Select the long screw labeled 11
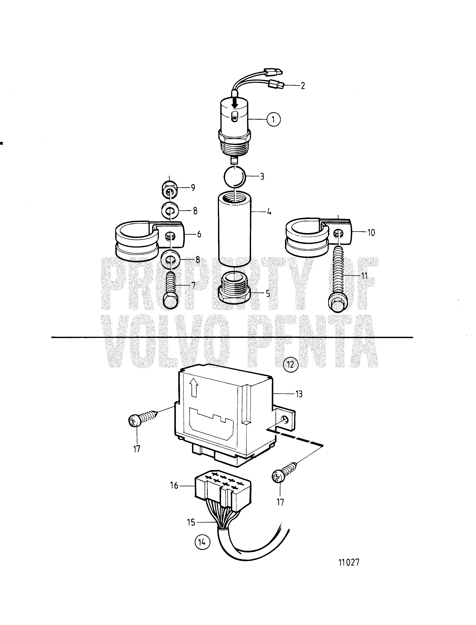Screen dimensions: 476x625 (x=338, y=280)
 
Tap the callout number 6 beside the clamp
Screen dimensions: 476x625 (x=199, y=234)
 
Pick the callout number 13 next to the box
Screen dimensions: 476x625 (x=299, y=394)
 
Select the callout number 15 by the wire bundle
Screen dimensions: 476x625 (x=191, y=522)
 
